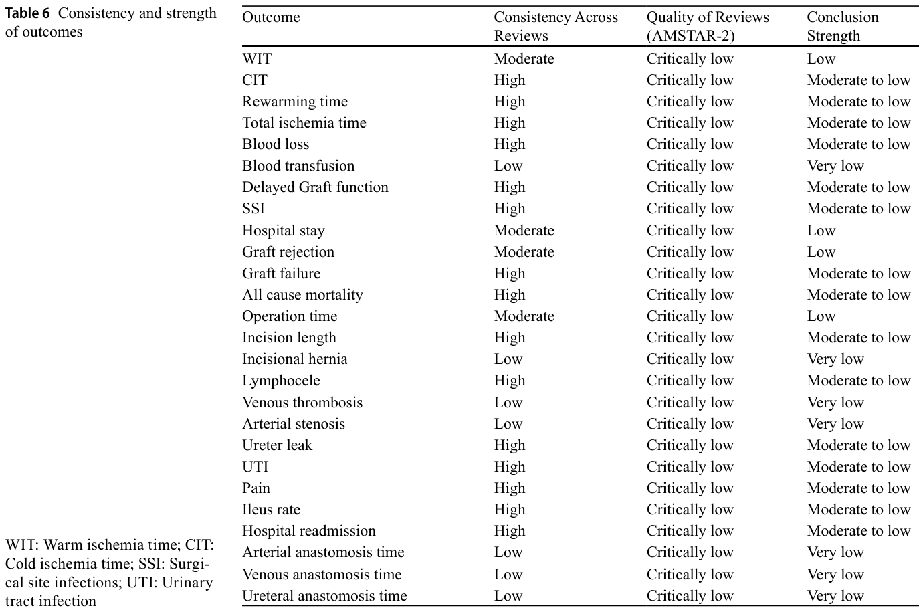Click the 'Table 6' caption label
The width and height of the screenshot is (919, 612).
pos(27,13)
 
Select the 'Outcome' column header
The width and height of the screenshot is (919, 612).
pos(271,17)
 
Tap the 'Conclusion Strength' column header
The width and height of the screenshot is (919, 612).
pos(843,26)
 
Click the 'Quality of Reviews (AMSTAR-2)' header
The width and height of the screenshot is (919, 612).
pos(708,26)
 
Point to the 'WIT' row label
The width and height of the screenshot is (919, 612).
pos(257,59)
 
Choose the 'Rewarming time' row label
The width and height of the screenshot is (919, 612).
pos(294,101)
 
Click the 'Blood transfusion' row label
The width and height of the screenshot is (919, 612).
pos(298,166)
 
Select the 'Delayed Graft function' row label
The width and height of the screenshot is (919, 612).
pos(315,187)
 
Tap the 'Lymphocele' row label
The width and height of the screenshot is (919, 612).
pos(281,381)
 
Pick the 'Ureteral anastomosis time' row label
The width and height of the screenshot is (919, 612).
pos(324,595)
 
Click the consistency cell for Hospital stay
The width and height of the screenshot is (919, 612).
pos(524,231)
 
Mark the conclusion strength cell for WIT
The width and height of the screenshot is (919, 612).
pos(821,59)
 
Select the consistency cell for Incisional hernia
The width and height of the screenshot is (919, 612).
pos(508,359)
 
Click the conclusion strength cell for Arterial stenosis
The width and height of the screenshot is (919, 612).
pos(835,424)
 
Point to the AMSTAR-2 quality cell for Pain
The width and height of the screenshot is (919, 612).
pos(690,488)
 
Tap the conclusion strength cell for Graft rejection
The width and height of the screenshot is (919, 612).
pos(821,252)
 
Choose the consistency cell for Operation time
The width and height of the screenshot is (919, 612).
pos(524,316)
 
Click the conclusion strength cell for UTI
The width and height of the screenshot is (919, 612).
pos(859,467)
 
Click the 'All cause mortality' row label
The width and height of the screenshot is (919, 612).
pos(302,295)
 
